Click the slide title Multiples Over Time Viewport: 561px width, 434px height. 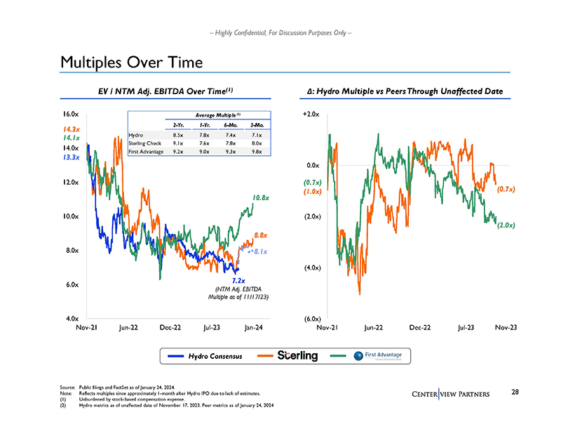pyautogui.click(x=131, y=63)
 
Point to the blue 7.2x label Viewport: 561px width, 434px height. pyautogui.click(x=238, y=281)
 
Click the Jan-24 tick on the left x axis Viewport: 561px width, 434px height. pyautogui.click(x=252, y=327)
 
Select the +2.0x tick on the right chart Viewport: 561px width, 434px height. pyautogui.click(x=311, y=114)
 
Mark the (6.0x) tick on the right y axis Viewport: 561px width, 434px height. pyautogui.click(x=312, y=318)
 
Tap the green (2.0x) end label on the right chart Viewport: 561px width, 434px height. pyautogui.click(x=506, y=225)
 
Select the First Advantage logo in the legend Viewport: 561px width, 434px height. pyautogui.click(x=377, y=356)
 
